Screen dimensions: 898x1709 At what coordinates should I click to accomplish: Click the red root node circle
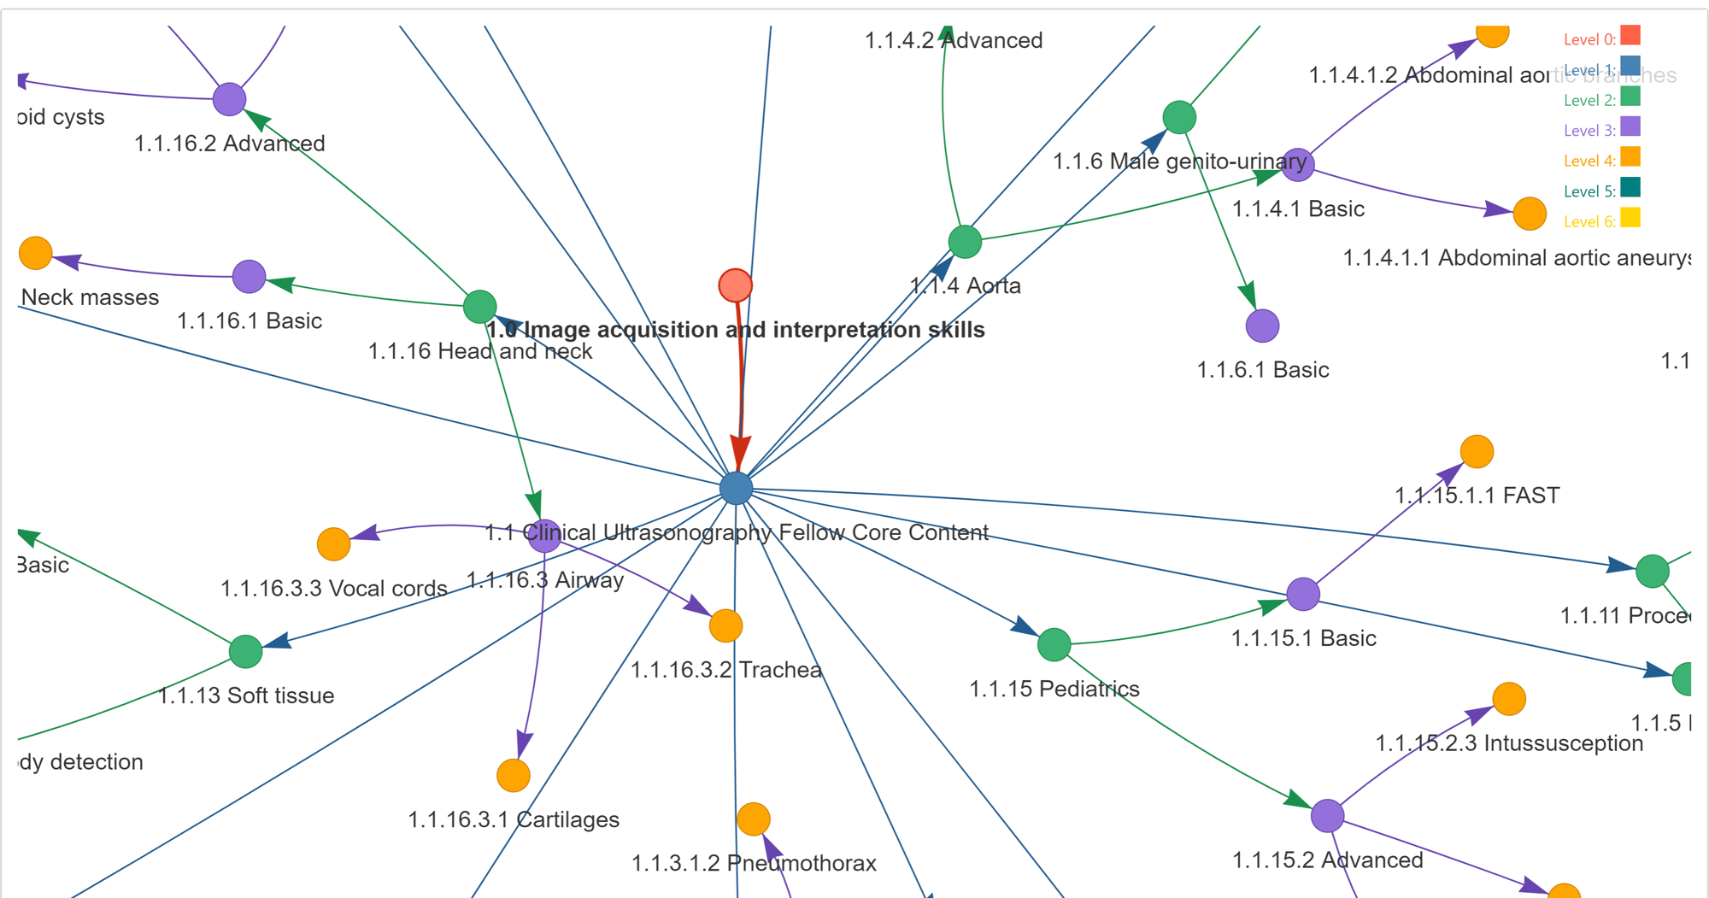point(735,285)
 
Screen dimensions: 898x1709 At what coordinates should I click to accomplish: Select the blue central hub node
point(736,488)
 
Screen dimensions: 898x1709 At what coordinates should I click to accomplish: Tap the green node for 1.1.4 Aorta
point(965,242)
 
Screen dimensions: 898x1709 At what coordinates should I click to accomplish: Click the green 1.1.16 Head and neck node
point(479,306)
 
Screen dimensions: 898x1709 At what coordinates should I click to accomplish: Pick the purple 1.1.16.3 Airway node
point(544,536)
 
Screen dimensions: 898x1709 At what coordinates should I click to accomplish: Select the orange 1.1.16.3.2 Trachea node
point(725,625)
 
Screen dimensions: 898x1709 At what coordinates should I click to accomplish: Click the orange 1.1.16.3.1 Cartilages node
point(514,775)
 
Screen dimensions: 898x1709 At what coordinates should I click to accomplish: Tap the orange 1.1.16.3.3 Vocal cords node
point(333,543)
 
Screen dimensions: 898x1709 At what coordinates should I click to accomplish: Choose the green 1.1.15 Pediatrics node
point(1054,644)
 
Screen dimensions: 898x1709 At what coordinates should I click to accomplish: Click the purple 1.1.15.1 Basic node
point(1302,594)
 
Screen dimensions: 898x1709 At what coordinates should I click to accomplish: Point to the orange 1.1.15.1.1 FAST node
point(1477,451)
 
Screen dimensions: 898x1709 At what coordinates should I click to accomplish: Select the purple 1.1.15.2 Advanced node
point(1327,815)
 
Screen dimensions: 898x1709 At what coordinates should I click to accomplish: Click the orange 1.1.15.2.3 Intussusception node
point(1509,698)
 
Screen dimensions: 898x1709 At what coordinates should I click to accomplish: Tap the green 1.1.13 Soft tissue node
point(245,651)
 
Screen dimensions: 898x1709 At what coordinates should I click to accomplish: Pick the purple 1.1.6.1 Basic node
point(1262,326)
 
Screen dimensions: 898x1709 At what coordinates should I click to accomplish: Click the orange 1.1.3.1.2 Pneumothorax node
point(753,819)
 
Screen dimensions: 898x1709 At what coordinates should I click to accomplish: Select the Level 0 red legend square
point(1630,35)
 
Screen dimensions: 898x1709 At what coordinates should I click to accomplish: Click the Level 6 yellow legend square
point(1630,218)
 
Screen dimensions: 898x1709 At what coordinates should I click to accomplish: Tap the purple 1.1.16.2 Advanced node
point(229,99)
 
